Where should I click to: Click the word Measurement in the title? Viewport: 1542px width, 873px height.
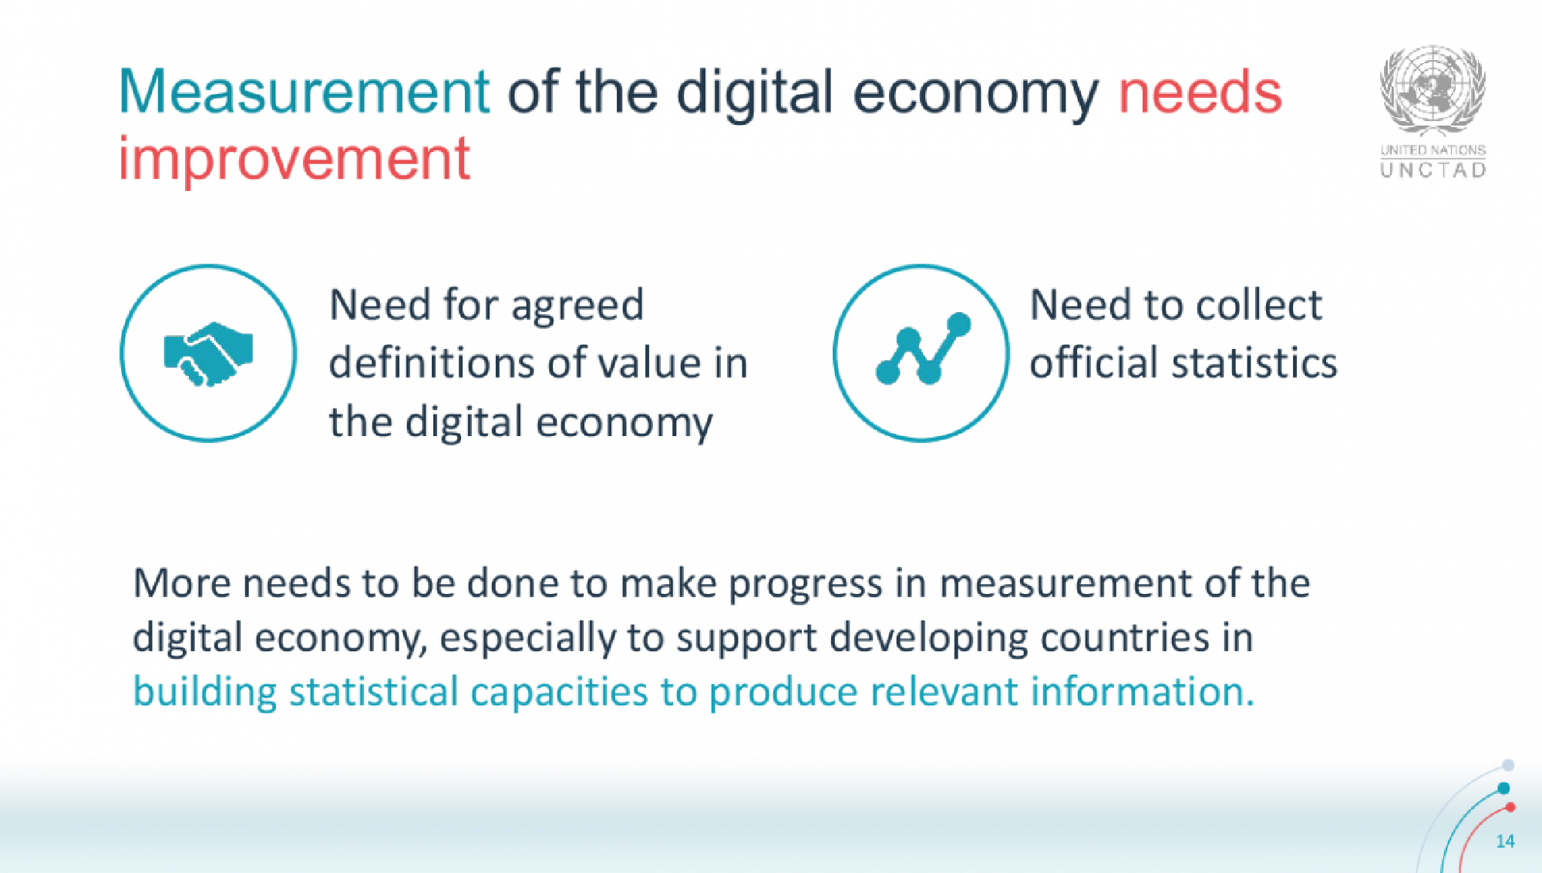pyautogui.click(x=304, y=92)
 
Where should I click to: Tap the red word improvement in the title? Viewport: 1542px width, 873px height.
pyautogui.click(x=294, y=159)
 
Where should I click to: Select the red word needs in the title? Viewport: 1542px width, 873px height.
pyautogui.click(x=1200, y=92)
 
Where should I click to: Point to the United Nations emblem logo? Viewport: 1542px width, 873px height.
pyautogui.click(x=1433, y=91)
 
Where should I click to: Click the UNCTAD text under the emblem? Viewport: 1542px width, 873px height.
pyautogui.click(x=1433, y=170)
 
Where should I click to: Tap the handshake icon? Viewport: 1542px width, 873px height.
pyautogui.click(x=208, y=354)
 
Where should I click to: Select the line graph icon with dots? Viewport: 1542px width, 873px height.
pyautogui.click(x=921, y=352)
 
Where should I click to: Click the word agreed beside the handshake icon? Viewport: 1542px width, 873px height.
pyautogui.click(x=577, y=306)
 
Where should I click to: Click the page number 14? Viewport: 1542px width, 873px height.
pyautogui.click(x=1505, y=841)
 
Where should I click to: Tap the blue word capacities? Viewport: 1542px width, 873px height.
pyautogui.click(x=558, y=692)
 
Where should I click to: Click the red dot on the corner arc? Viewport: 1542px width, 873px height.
pyautogui.click(x=1510, y=808)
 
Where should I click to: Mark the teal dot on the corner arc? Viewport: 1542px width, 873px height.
pyautogui.click(x=1503, y=788)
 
